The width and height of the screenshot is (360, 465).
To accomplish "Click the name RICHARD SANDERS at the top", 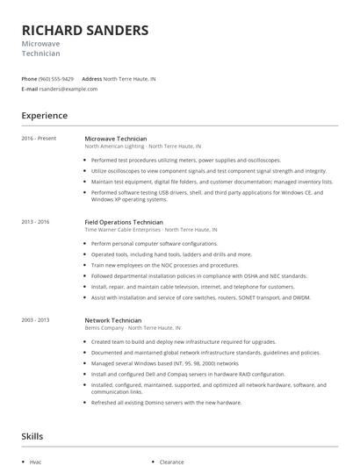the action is click(x=84, y=30).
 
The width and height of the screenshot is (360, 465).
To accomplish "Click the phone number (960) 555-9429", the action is click(x=56, y=78).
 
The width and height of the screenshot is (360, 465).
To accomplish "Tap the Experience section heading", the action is click(x=45, y=115).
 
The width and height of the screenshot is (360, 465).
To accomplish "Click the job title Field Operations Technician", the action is click(x=125, y=222).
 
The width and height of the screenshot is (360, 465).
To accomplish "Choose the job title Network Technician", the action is click(x=112, y=320).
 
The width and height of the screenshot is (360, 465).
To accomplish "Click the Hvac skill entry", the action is click(x=35, y=461).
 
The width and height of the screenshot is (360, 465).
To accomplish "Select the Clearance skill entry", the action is click(x=171, y=461).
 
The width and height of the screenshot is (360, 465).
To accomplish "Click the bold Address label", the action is click(x=91, y=78).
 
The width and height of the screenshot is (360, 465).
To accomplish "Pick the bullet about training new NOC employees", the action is click(x=164, y=264).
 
